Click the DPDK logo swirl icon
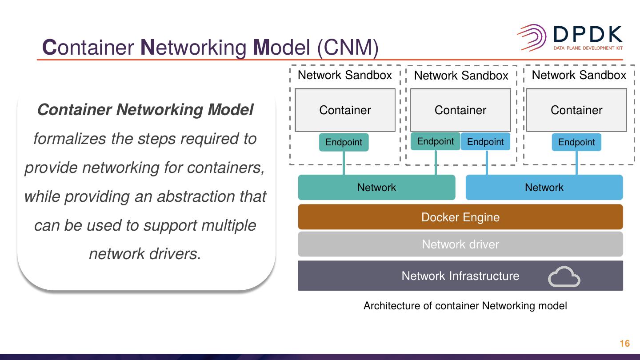tap(532, 37)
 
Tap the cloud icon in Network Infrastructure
tap(564, 276)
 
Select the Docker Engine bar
tap(460, 217)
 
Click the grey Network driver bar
tap(460, 244)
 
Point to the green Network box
tap(376, 187)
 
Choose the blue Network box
tap(544, 187)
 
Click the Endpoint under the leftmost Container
tap(344, 142)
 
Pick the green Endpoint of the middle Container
tap(435, 141)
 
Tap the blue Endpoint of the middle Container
tap(485, 142)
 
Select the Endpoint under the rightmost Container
tap(576, 142)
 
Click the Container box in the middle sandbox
tap(460, 110)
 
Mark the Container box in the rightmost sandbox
tap(576, 110)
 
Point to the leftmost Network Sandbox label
tap(345, 75)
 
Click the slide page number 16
tap(624, 344)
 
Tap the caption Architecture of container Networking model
tap(465, 306)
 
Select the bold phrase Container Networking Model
tap(145, 109)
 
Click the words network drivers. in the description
tap(145, 254)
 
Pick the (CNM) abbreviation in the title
tap(348, 47)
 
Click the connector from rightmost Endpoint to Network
tap(576, 163)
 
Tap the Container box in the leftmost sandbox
tap(345, 110)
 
